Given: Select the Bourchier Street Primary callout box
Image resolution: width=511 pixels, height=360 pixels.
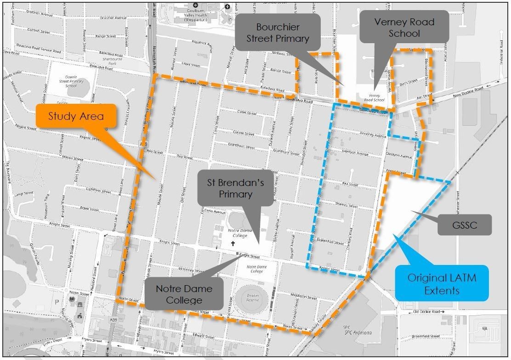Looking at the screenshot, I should [277, 33].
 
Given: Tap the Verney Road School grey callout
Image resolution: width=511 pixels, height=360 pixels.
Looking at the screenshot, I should [397, 28].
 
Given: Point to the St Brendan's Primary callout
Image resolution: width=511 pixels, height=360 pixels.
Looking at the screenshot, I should [235, 188].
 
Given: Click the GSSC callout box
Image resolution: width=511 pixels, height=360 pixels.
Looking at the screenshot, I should [465, 225].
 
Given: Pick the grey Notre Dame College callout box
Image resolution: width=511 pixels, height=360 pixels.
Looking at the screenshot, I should [184, 294].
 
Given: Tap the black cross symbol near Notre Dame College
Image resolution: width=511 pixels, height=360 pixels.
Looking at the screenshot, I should [233, 243].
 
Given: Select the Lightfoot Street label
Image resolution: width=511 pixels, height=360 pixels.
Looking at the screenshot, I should [99, 190].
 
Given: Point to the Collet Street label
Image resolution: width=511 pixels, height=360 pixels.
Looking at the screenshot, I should [246, 112].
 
